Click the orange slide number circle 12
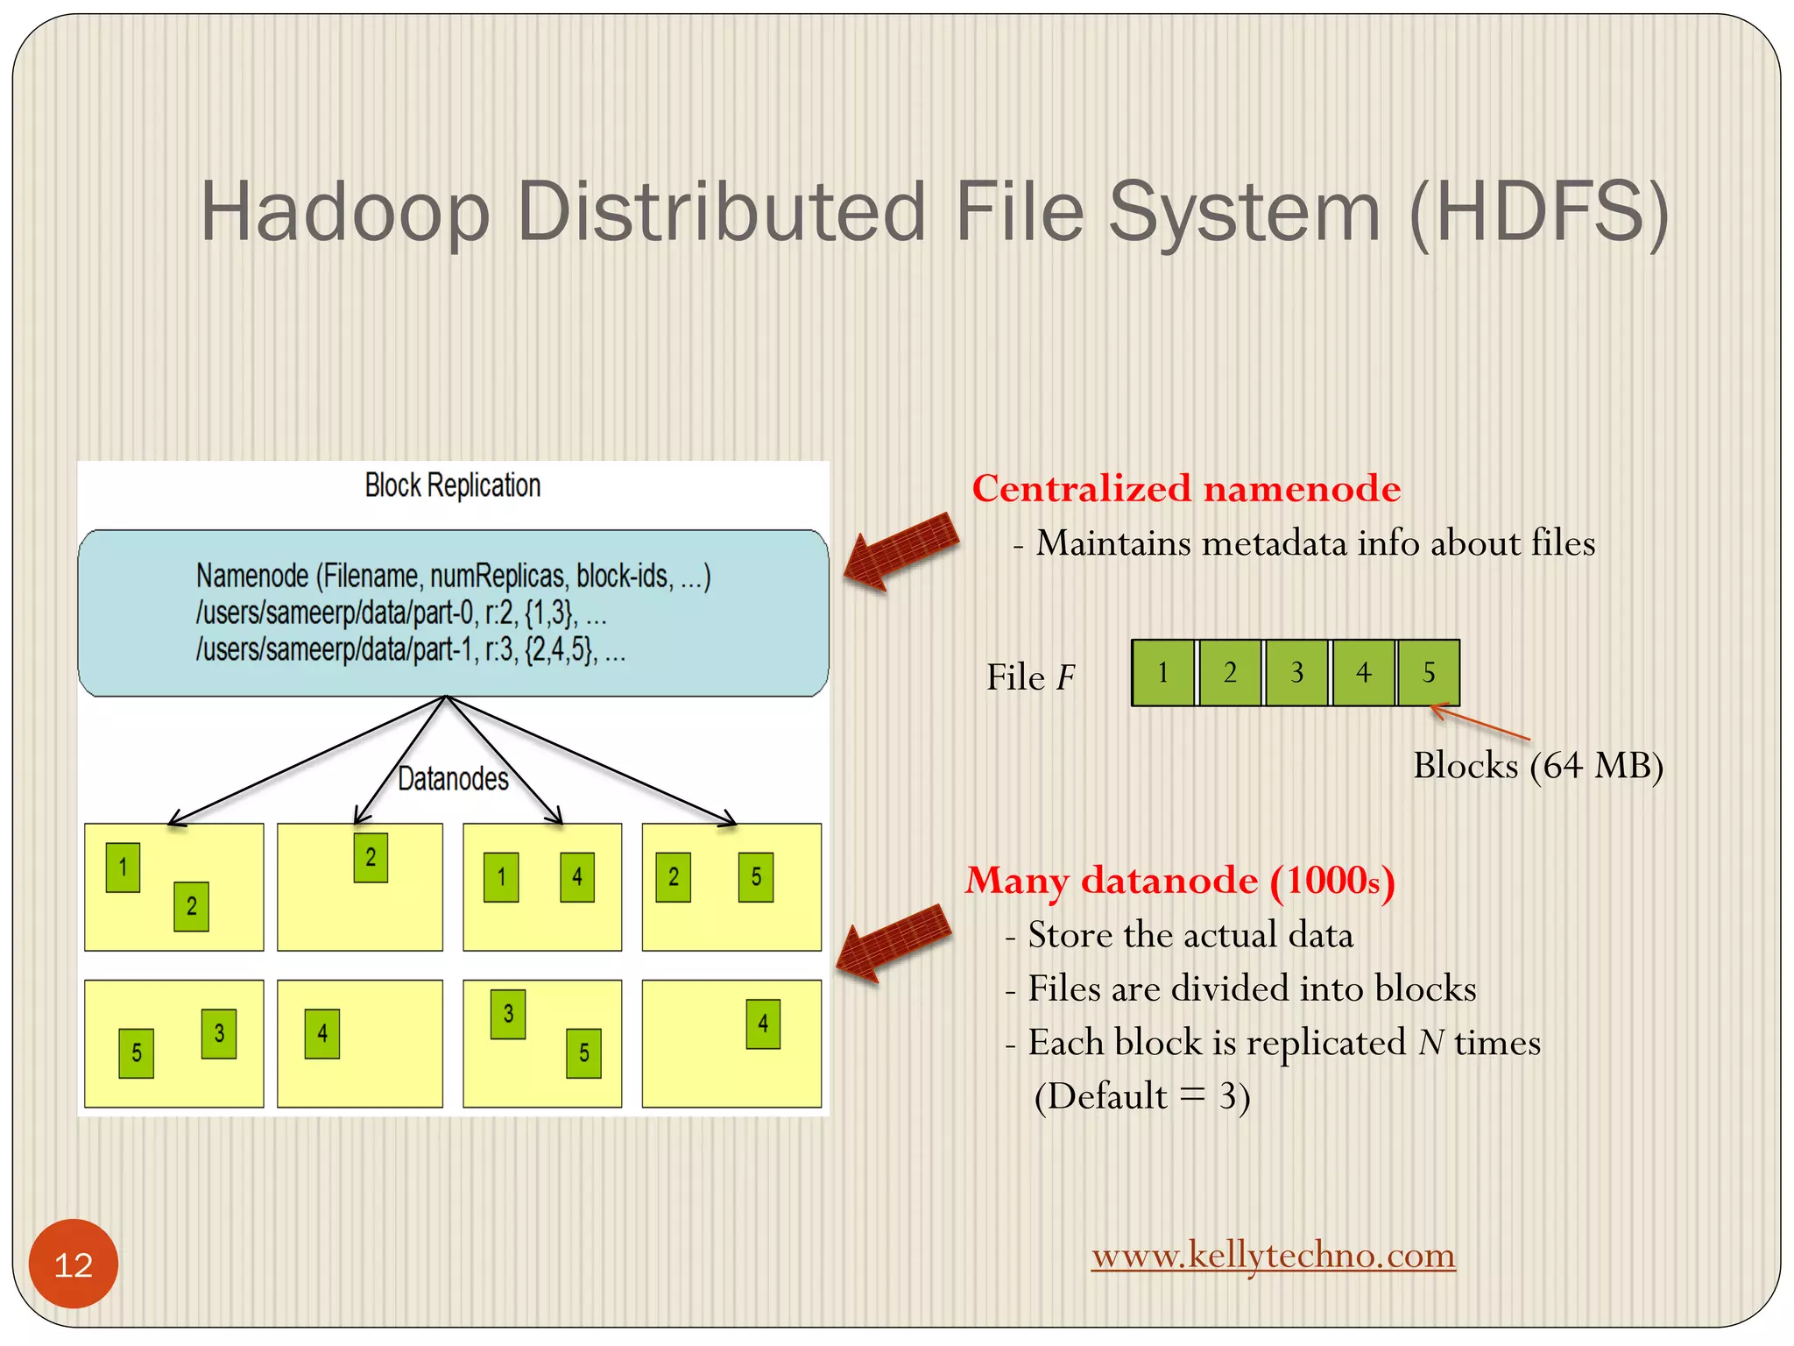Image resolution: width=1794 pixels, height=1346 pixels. pyautogui.click(x=74, y=1264)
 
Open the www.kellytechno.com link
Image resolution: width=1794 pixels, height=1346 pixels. pyautogui.click(x=1273, y=1255)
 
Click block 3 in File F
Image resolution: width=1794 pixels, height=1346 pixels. pyautogui.click(x=1296, y=672)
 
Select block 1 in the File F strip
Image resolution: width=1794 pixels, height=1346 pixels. pyautogui.click(x=1162, y=672)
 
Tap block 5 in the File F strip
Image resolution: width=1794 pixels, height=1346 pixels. pyautogui.click(x=1429, y=672)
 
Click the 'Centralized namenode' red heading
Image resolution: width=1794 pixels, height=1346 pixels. pyautogui.click(x=1186, y=488)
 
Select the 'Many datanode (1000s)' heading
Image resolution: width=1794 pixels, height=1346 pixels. pyautogui.click(x=1180, y=880)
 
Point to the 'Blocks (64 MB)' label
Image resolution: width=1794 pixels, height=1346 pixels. pyautogui.click(x=1537, y=765)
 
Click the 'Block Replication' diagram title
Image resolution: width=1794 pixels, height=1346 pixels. pyautogui.click(x=453, y=485)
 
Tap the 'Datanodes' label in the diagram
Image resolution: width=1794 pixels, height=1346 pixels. pyautogui.click(x=453, y=778)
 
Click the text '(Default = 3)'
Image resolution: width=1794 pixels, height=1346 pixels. pyautogui.click(x=1141, y=1095)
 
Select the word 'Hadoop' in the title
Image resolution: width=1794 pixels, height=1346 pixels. pyautogui.click(x=344, y=212)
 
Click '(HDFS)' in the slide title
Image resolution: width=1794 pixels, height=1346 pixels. pyautogui.click(x=1538, y=212)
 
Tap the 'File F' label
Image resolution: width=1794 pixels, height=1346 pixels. pyautogui.click(x=1030, y=677)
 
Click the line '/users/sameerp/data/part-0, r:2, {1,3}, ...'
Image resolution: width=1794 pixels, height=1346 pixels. pyautogui.click(x=401, y=613)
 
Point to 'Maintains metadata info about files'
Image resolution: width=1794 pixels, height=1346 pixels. pyautogui.click(x=1314, y=543)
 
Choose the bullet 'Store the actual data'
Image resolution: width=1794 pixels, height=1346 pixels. pyautogui.click(x=1190, y=934)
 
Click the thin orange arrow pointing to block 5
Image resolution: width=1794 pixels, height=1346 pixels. pyautogui.click(x=1480, y=723)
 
